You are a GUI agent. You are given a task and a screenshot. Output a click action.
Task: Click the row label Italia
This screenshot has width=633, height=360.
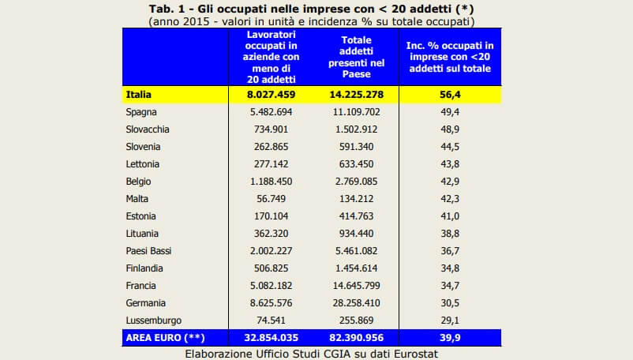(x=139, y=95)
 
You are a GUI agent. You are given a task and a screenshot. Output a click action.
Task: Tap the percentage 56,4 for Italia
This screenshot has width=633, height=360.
(x=448, y=95)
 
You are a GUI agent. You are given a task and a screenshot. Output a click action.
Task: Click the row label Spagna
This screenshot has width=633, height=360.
(x=142, y=112)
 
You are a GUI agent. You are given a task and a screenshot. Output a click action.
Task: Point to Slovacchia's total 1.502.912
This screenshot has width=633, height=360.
(x=357, y=129)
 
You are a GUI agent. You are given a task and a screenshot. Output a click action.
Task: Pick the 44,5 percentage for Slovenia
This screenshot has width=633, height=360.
(x=448, y=147)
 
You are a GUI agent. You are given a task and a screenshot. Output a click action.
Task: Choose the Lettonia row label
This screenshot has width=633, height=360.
(x=143, y=164)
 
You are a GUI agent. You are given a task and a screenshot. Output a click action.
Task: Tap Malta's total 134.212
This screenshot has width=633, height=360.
(x=357, y=199)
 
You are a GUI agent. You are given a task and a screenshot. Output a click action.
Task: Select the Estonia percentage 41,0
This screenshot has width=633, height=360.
(x=448, y=216)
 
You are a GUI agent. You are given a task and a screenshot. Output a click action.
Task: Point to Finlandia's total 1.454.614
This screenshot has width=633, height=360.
(x=357, y=268)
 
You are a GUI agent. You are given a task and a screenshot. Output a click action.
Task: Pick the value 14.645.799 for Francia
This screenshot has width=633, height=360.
(x=357, y=286)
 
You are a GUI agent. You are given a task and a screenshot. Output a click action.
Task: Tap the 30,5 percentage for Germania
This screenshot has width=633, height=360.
(x=448, y=303)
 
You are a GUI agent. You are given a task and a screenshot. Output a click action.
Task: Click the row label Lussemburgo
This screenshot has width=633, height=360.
(x=154, y=321)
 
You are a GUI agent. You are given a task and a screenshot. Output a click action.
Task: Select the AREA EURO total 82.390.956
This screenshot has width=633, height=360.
(x=357, y=338)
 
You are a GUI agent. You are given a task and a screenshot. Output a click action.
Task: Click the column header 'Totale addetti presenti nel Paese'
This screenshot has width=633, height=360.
(x=357, y=57)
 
